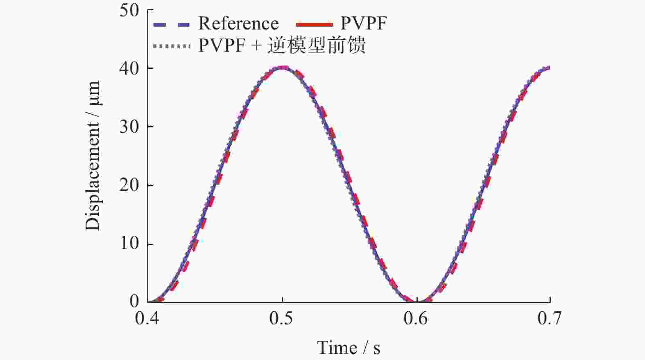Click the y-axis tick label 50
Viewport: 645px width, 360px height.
129,10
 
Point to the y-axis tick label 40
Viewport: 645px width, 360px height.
129,68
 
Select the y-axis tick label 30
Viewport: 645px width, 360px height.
129,127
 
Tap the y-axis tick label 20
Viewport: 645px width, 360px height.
129,186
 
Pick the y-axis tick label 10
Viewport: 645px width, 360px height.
129,244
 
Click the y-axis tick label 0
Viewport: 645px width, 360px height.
135,301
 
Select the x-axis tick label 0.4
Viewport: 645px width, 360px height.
147,319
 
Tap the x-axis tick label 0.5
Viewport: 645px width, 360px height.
282,319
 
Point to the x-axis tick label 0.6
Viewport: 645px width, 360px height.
416,319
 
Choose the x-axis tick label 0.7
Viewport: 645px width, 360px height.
550,319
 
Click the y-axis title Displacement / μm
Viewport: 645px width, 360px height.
93,156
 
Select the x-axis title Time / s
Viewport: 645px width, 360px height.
349,348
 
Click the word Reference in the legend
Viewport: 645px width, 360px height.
238,24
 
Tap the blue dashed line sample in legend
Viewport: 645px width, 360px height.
172,25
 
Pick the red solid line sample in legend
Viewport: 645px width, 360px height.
314,25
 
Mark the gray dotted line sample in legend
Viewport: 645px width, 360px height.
172,46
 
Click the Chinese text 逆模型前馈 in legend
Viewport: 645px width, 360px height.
316,45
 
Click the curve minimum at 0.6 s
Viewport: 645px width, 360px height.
416,301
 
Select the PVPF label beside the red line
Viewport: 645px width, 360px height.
363,24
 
